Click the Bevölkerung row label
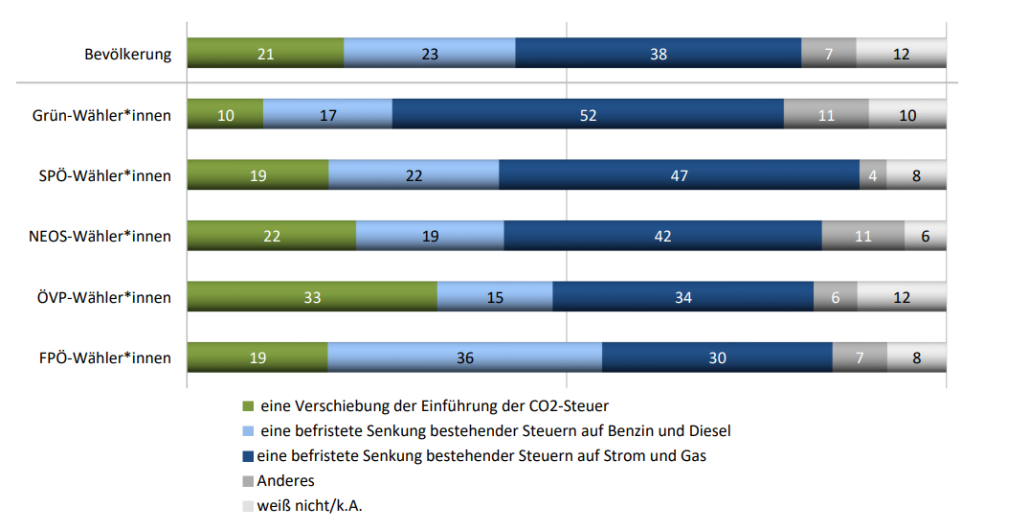click(127, 54)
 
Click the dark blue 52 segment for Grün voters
click(588, 115)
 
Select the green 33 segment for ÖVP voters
click(312, 297)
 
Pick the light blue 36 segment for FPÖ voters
click(465, 357)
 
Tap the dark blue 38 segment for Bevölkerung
click(658, 54)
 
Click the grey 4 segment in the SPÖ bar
click(873, 175)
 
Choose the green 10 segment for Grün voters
click(225, 115)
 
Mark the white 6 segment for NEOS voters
click(926, 236)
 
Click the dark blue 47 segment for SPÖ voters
click(679, 175)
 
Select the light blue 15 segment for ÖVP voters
click(495, 297)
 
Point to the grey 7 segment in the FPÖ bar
click(860, 357)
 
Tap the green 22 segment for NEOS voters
click(271, 236)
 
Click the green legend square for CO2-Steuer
click(249, 406)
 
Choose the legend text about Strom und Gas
click(481, 456)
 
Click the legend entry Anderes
click(285, 481)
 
